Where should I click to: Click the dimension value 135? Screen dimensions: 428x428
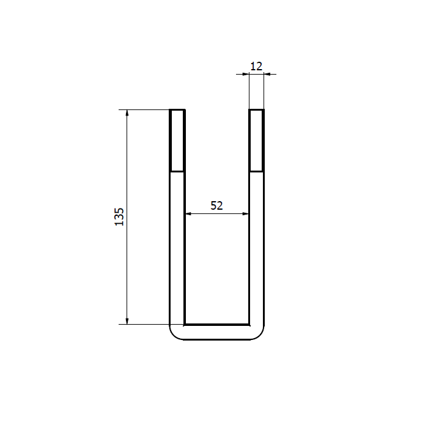(119, 216)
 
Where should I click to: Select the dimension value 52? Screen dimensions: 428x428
(216, 205)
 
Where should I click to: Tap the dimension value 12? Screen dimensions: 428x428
(256, 66)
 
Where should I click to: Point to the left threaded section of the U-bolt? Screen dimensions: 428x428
(177, 140)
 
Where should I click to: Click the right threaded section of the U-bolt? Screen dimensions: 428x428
(256, 140)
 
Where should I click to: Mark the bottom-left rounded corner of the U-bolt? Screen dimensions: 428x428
(174, 336)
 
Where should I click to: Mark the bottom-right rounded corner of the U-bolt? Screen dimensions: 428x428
(260, 336)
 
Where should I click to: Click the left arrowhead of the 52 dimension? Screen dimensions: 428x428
(188, 214)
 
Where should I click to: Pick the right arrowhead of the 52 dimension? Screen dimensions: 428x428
(245, 214)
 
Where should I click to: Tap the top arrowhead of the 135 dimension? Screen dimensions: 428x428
(127, 113)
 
